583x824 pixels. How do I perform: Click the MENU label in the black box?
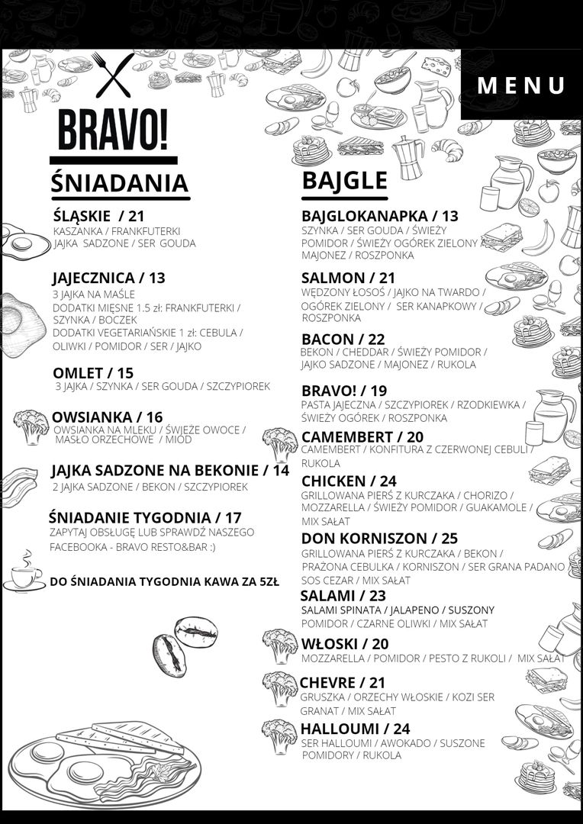pyautogui.click(x=521, y=85)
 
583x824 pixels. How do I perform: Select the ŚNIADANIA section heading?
pyautogui.click(x=119, y=183)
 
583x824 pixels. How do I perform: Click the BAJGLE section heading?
pyautogui.click(x=344, y=180)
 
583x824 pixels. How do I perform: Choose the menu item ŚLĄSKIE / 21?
pyautogui.click(x=99, y=215)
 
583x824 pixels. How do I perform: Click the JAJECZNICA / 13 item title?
pyautogui.click(x=108, y=277)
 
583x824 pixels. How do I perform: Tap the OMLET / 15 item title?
pyautogui.click(x=93, y=372)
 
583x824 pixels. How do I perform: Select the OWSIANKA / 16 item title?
pyautogui.click(x=107, y=417)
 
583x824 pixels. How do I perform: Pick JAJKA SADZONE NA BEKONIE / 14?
pyautogui.click(x=170, y=470)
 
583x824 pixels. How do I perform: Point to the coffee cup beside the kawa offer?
pyautogui.click(x=24, y=572)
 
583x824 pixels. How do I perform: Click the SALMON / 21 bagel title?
pyautogui.click(x=348, y=278)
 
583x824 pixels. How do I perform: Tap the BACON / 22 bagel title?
pyautogui.click(x=343, y=339)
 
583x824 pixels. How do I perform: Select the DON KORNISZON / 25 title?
pyautogui.click(x=379, y=539)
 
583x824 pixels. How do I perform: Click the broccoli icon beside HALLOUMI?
pyautogui.click(x=279, y=735)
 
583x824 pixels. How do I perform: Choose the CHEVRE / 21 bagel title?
pyautogui.click(x=343, y=682)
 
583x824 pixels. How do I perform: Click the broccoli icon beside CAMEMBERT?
pyautogui.click(x=279, y=443)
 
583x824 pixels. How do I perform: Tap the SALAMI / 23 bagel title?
pyautogui.click(x=343, y=595)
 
